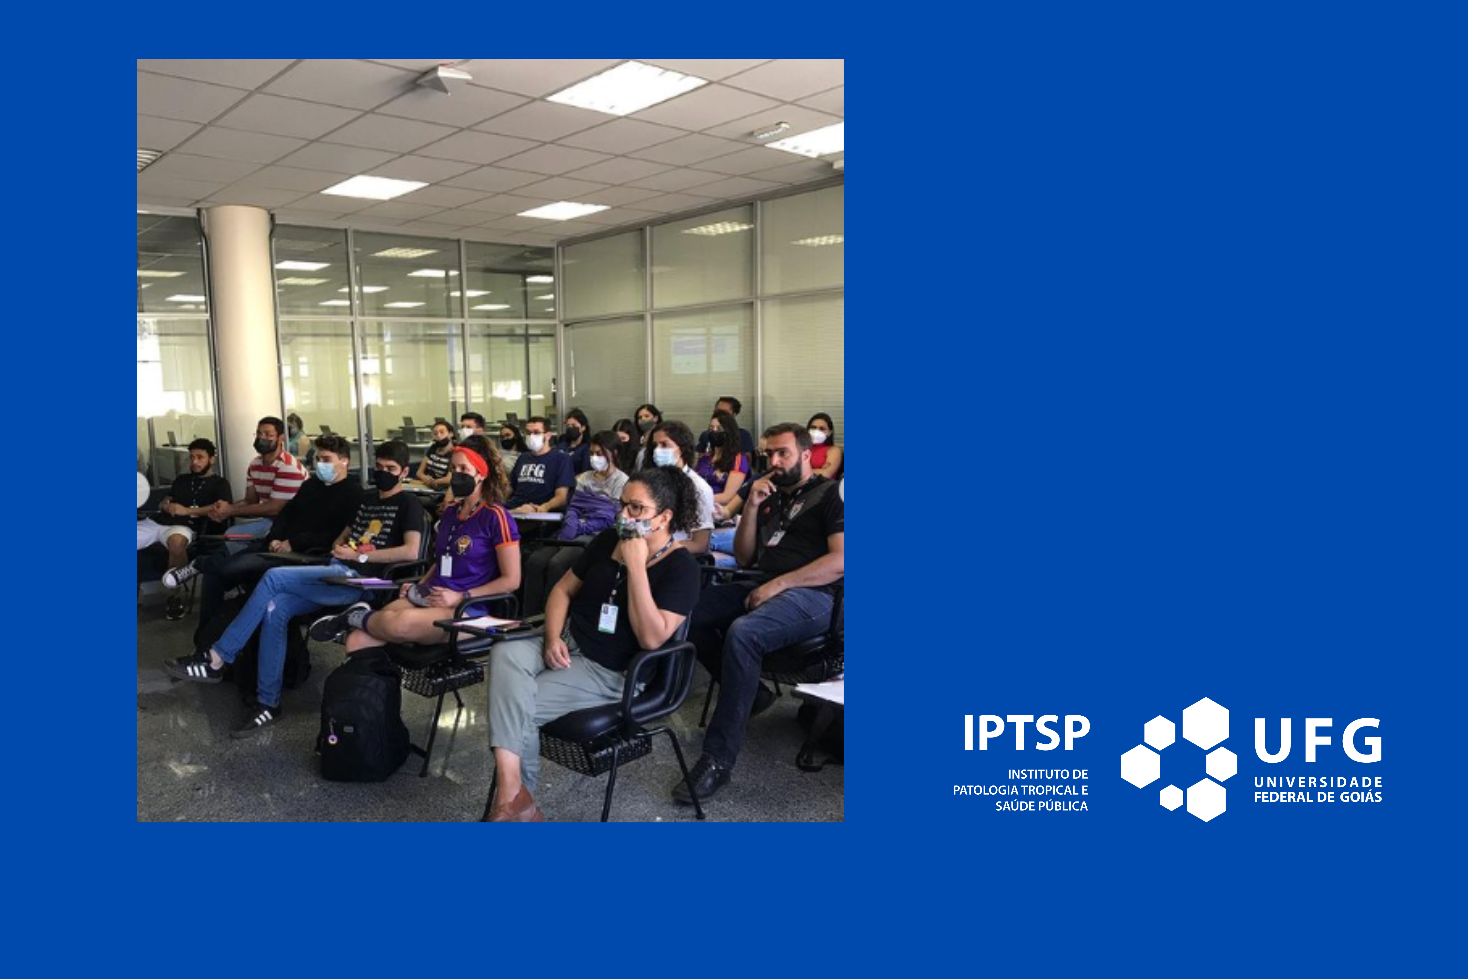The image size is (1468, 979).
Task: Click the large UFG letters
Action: tap(1318, 740)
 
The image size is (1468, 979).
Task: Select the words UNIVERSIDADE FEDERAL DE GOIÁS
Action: tap(1318, 790)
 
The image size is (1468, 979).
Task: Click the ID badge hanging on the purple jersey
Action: tap(446, 565)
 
